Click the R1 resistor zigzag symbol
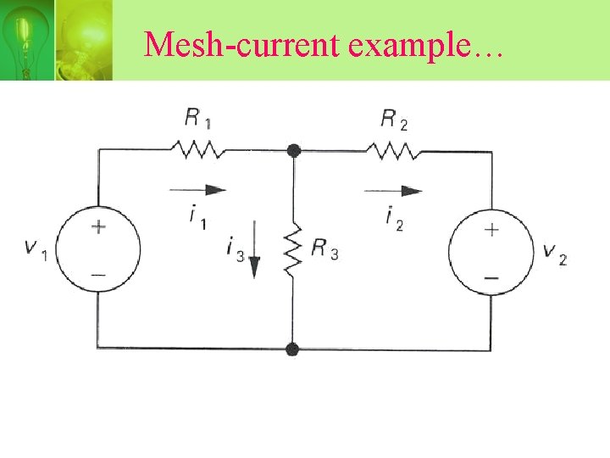point(197,151)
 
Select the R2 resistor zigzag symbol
point(392,151)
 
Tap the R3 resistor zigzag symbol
point(292,249)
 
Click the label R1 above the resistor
point(198,118)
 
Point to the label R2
point(394,119)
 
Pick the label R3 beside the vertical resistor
point(324,249)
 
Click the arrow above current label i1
point(198,190)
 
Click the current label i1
point(197,217)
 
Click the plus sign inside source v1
point(99,226)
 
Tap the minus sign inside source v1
point(99,275)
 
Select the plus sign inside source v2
point(491,229)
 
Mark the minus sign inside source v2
point(491,276)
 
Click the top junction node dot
point(293,151)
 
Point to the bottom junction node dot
point(292,349)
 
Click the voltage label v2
point(555,253)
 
